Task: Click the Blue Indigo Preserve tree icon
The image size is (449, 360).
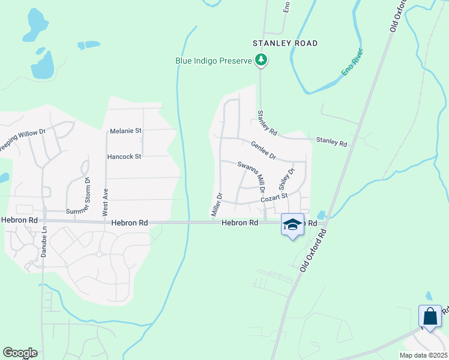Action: click(261, 60)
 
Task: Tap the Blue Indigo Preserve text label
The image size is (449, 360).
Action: click(214, 61)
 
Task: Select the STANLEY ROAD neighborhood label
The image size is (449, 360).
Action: click(285, 43)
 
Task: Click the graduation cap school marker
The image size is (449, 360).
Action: click(292, 224)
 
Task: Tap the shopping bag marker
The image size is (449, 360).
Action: click(430, 316)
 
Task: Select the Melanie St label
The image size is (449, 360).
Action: click(125, 131)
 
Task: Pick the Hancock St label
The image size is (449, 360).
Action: click(124, 157)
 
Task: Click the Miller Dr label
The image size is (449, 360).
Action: click(217, 205)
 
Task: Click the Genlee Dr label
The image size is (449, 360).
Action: click(263, 150)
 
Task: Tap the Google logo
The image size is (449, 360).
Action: click(19, 353)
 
